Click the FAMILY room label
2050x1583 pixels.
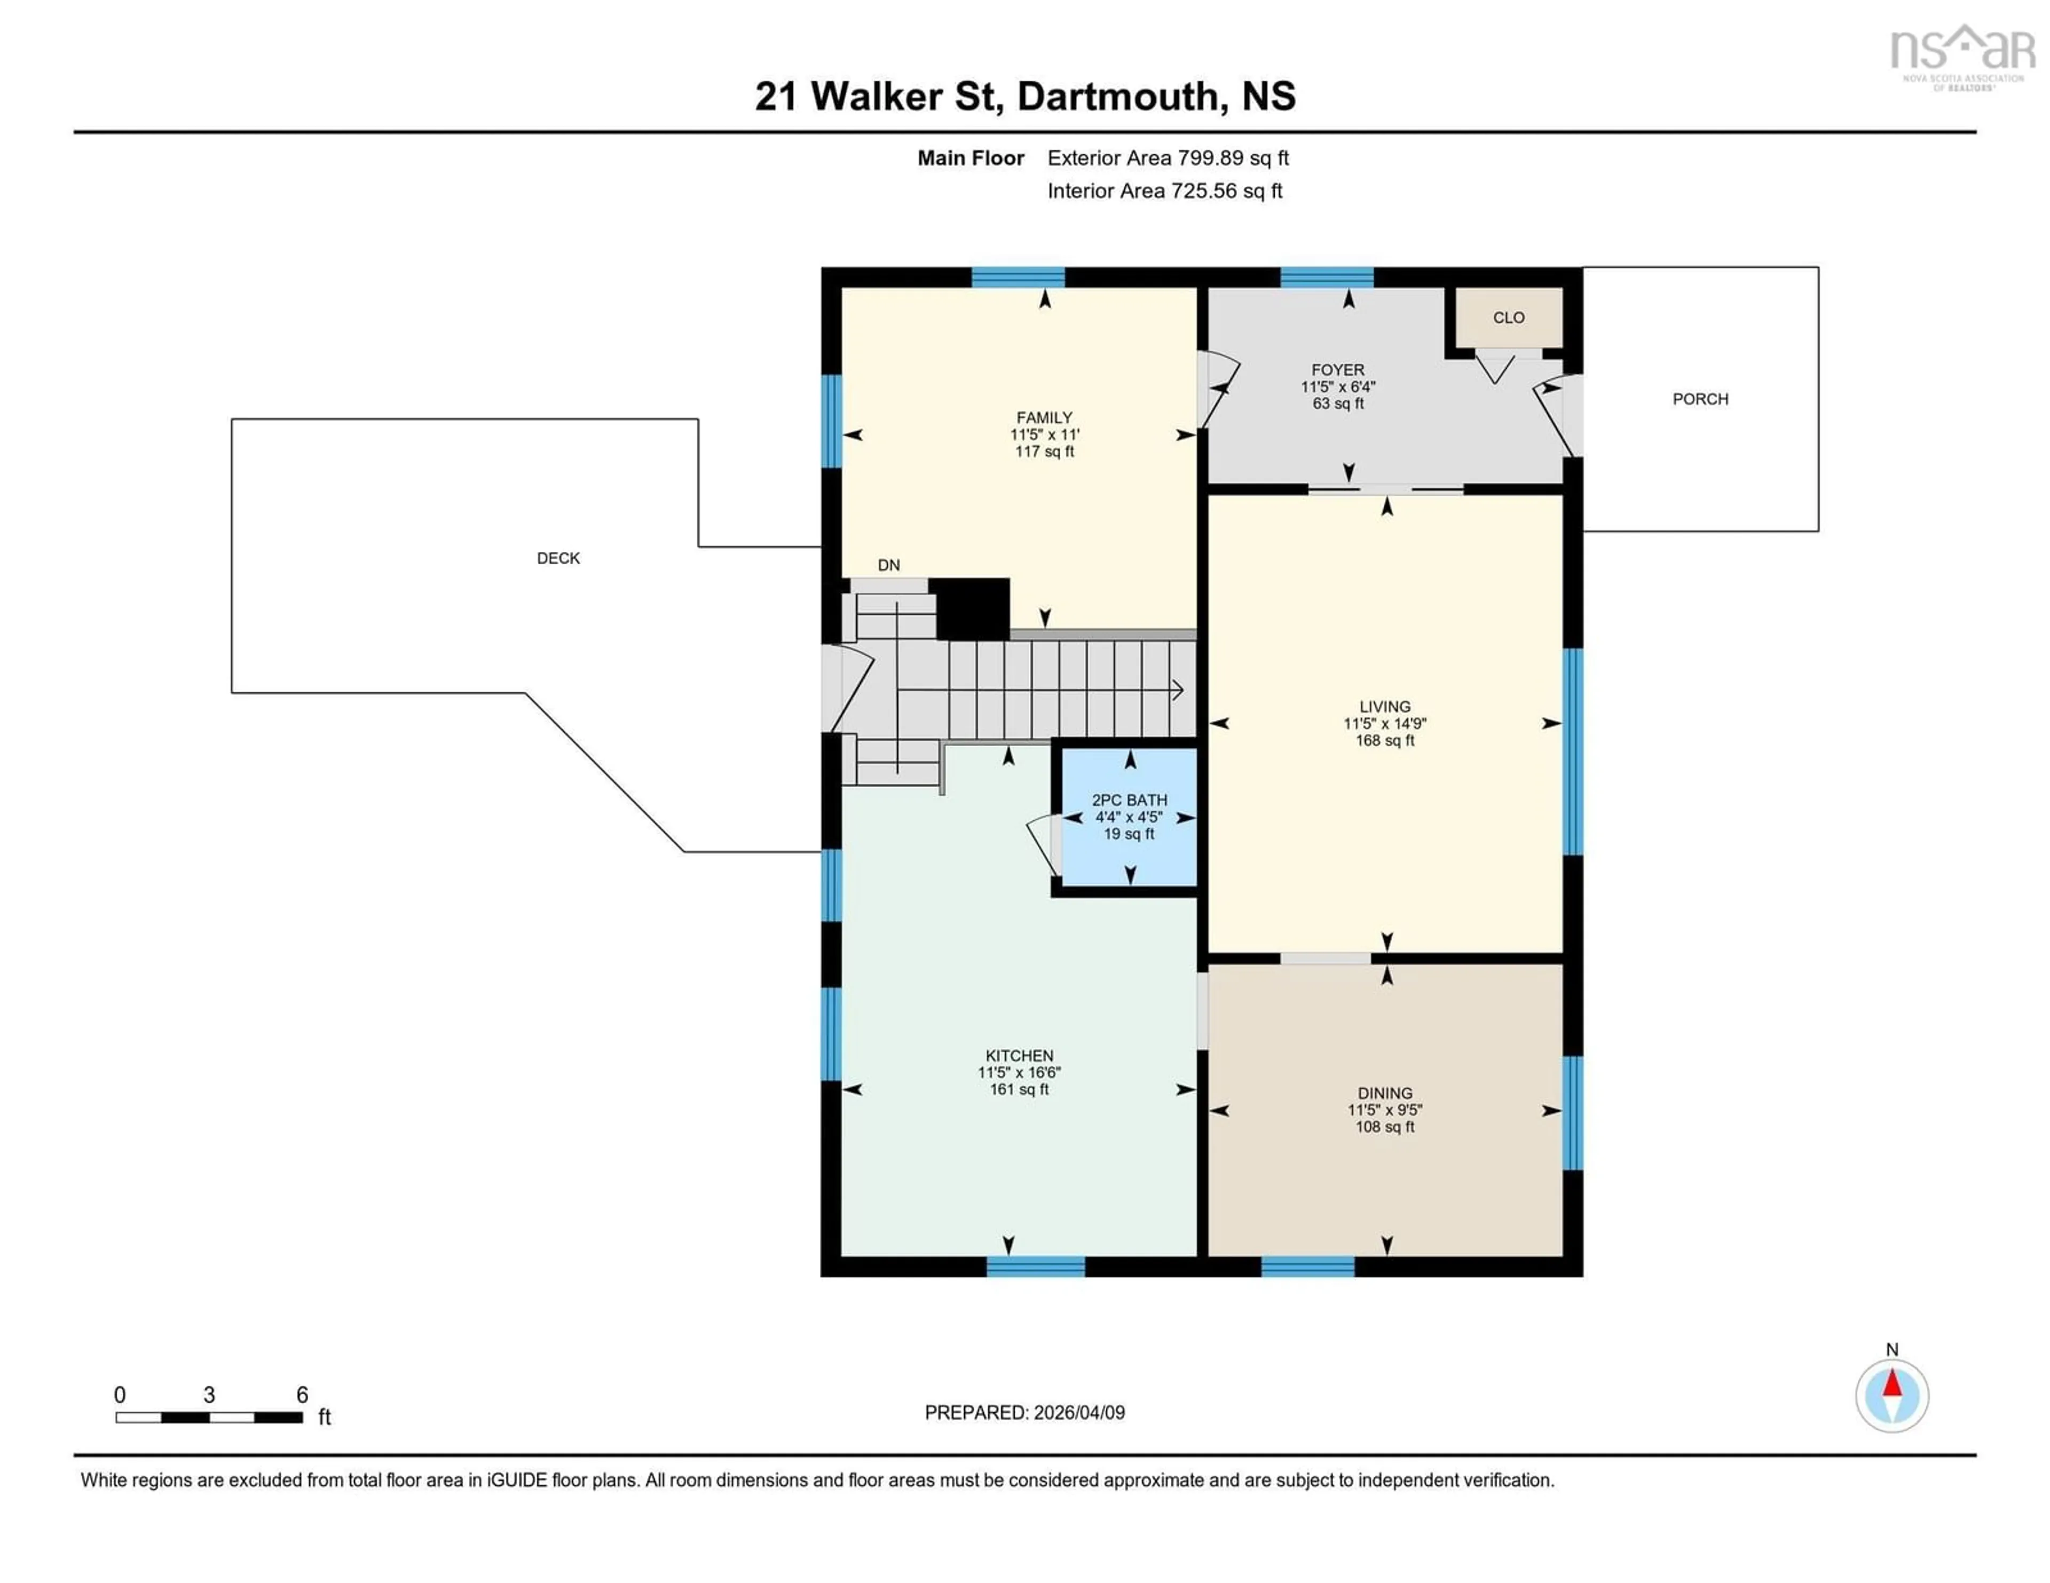1044,417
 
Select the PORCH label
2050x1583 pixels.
1700,399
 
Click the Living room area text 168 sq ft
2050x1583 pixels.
1384,740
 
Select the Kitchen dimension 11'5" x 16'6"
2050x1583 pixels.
1019,1073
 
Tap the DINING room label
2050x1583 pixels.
1384,1093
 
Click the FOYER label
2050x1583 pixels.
1337,370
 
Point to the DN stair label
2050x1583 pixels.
888,565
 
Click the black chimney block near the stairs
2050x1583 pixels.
973,608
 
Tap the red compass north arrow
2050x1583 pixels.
1893,1385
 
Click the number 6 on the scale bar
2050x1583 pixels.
302,1395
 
